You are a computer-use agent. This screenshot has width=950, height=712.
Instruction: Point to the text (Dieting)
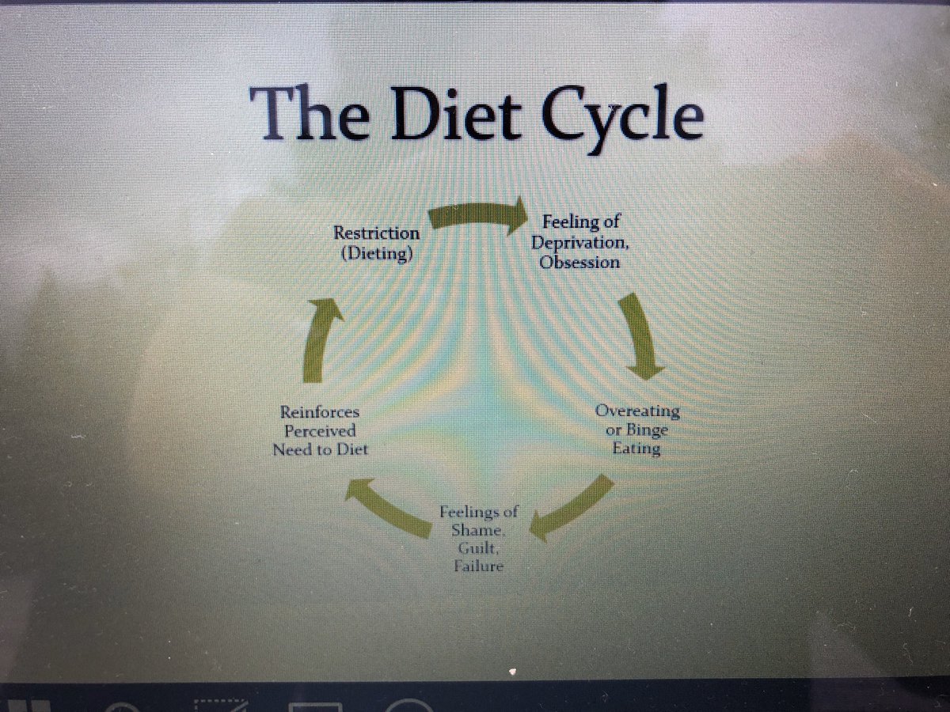[x=376, y=254]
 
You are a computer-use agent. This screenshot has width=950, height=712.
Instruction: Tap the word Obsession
[x=579, y=261]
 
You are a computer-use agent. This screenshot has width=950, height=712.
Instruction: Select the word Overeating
[x=637, y=411]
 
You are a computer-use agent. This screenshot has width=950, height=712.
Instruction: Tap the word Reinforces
[x=320, y=412]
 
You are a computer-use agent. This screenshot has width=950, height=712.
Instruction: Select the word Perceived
[x=320, y=431]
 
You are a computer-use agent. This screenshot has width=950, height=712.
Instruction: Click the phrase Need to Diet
[x=320, y=450]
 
